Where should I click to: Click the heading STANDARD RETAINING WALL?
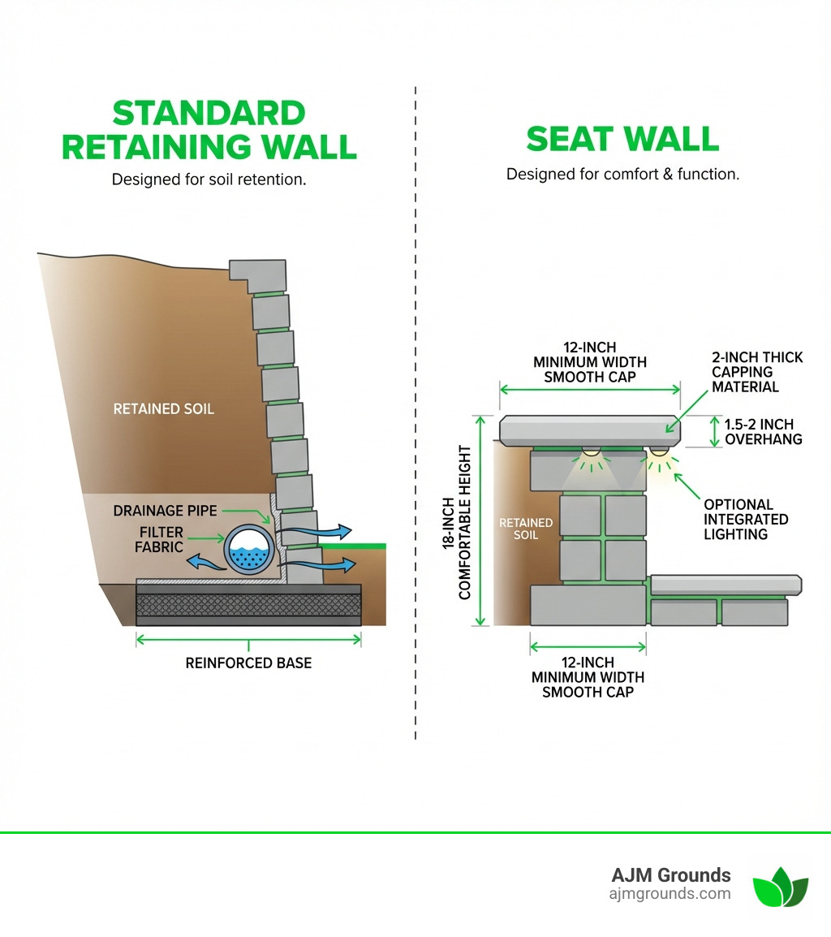click(209, 130)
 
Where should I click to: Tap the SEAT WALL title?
click(622, 139)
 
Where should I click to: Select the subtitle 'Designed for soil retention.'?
click(209, 179)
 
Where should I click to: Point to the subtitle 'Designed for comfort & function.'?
click(622, 174)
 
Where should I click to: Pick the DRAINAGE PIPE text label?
click(165, 511)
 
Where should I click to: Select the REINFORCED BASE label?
click(248, 663)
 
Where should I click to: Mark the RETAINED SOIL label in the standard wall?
click(163, 408)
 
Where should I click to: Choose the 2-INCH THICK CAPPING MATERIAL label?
click(757, 372)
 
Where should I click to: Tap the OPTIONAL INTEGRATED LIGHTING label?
click(745, 519)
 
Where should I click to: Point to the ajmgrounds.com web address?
click(670, 894)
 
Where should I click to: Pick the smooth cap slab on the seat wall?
click(589, 430)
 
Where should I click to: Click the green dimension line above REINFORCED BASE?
click(248, 640)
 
